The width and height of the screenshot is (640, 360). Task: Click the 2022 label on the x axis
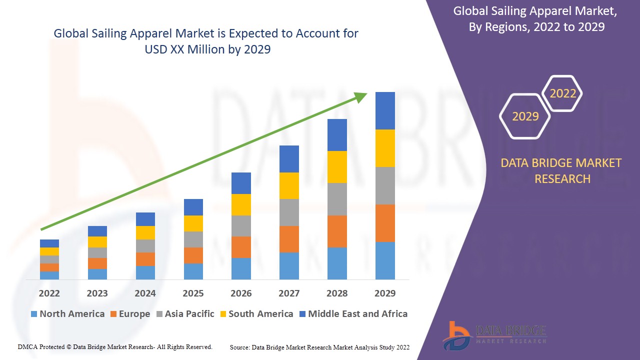pos(49,293)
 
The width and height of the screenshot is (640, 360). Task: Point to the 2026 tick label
pos(241,293)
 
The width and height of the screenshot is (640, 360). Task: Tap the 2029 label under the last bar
pos(385,293)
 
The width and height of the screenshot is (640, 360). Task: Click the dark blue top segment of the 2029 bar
pos(385,110)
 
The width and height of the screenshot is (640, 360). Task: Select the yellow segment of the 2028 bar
pos(337,166)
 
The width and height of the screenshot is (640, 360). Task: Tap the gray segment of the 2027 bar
pos(289,212)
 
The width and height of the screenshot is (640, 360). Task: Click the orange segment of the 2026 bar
pos(241,247)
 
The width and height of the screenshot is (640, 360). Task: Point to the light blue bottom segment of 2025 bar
pos(193,271)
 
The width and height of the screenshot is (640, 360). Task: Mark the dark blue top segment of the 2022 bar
pos(49,243)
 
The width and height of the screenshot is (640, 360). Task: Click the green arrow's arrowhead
pos(361,96)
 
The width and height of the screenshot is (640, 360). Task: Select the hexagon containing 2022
pos(562,93)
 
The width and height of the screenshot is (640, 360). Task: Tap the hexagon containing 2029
pos(525,116)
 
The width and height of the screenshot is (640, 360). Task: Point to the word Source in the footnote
pos(239,347)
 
